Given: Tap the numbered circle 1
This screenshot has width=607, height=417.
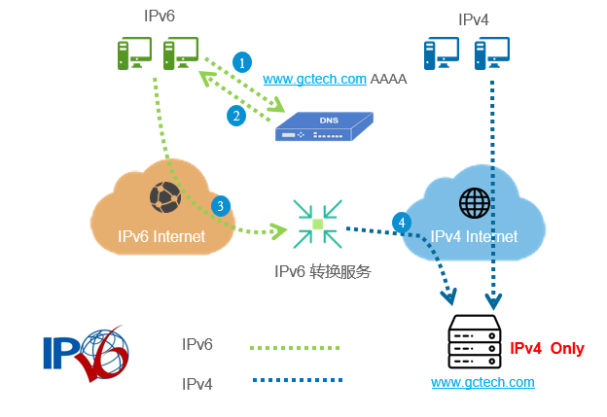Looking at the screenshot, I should [x=241, y=61].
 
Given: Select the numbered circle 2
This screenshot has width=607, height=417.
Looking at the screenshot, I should [x=235, y=116].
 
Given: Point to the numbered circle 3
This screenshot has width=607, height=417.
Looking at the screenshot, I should [x=222, y=206].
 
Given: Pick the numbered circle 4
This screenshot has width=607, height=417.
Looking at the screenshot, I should [x=400, y=223].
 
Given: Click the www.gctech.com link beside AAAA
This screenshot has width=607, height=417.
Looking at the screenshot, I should [x=314, y=79].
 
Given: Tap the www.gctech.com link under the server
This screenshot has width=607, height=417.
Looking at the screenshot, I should [x=482, y=382].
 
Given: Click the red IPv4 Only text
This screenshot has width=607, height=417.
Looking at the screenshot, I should [x=547, y=347].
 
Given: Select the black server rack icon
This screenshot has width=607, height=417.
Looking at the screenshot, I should [x=473, y=341].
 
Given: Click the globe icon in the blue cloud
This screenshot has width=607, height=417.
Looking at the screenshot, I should [x=475, y=203].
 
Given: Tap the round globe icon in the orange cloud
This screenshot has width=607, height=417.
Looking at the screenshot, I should [x=164, y=197].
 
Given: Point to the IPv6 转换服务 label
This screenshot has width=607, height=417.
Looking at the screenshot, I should [x=322, y=271].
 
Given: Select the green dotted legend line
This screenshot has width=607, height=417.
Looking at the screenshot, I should [x=295, y=346].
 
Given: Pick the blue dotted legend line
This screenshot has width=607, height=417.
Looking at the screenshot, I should [x=295, y=380].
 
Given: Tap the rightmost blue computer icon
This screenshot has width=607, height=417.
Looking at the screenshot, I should [x=492, y=53].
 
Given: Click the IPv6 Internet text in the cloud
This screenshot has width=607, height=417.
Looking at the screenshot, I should [x=161, y=236].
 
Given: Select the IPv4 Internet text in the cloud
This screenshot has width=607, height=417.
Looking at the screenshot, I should [x=474, y=236].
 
